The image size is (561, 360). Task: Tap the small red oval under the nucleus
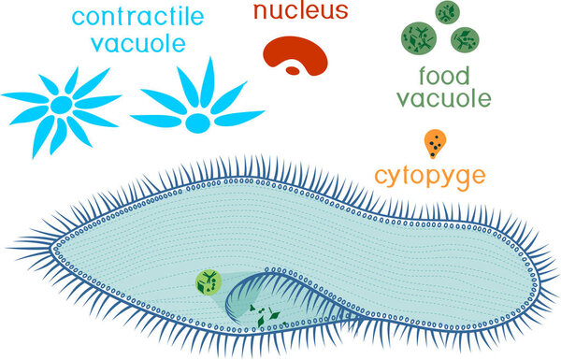point(294,69)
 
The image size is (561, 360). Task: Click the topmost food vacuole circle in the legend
point(447,13)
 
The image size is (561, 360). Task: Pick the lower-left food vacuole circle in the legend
point(418,38)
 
